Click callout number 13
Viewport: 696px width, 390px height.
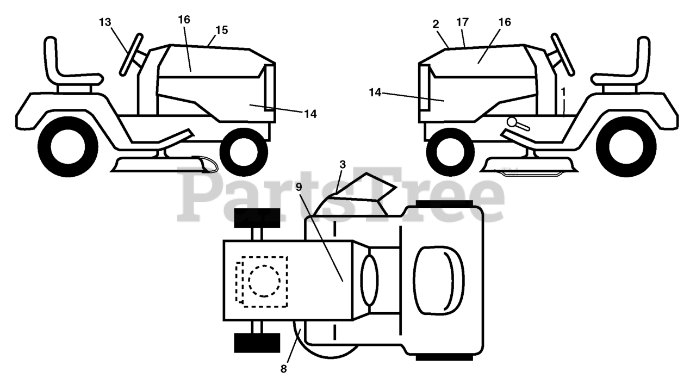point(105,22)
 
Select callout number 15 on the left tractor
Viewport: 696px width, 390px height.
point(221,30)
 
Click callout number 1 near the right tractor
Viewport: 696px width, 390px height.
point(564,92)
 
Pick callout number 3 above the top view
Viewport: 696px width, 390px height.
point(341,164)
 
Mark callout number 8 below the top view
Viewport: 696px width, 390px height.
point(283,369)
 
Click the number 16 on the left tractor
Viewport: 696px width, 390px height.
point(184,20)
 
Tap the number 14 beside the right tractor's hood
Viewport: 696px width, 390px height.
point(375,92)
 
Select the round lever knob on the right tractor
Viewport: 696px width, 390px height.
point(512,121)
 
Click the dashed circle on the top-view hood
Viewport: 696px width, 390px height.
point(264,281)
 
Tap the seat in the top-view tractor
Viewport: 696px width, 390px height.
point(439,282)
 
